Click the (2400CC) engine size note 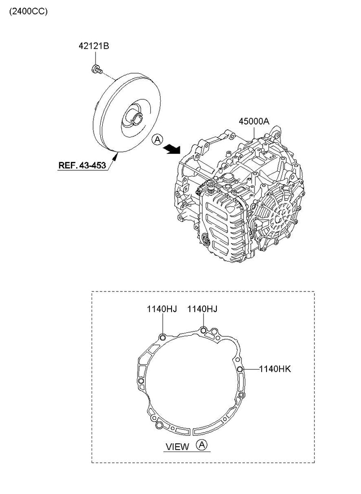coord(28,12)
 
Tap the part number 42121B coord(94,46)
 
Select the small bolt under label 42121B coord(96,69)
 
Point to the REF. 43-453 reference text coord(82,165)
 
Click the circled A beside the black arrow coord(157,139)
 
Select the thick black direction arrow coord(172,149)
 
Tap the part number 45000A coord(254,121)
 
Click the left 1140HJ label coord(162,309)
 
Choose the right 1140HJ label coord(202,309)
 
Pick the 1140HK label coord(275,369)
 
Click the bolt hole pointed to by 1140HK coord(240,369)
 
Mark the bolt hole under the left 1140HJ coord(162,338)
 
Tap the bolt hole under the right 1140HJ coord(203,330)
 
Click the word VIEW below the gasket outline coord(177,447)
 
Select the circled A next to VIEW coord(201,445)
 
